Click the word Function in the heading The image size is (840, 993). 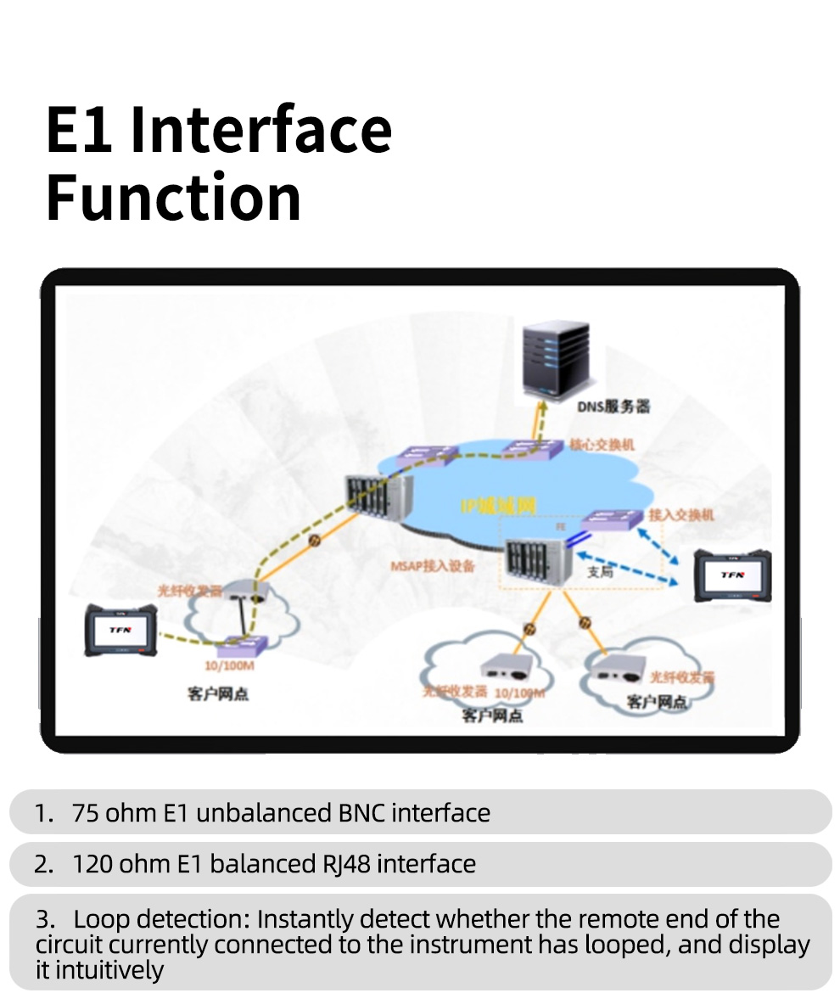173,197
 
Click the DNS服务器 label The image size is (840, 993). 614,407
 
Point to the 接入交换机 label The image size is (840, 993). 681,514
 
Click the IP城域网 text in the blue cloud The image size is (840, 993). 498,507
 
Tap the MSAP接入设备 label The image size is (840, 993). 432,565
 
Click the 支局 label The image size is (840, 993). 600,572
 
